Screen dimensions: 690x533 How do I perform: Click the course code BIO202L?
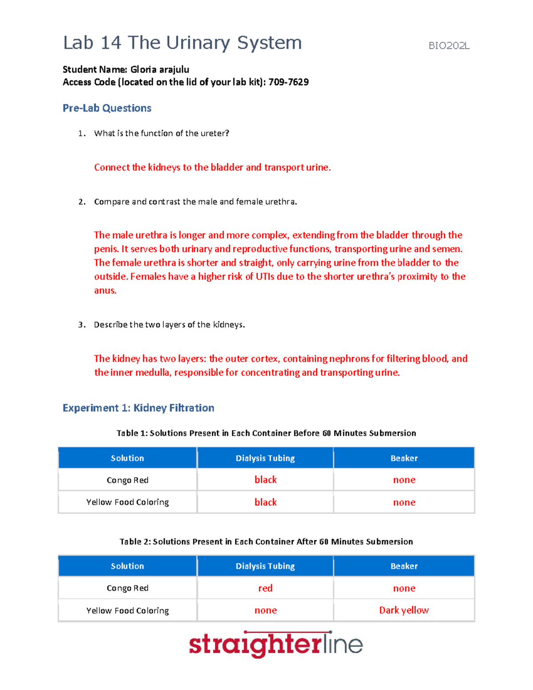point(449,46)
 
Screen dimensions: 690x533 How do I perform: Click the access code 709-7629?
point(288,82)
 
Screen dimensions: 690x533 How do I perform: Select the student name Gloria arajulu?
point(159,69)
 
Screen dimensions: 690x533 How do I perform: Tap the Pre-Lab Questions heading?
point(107,108)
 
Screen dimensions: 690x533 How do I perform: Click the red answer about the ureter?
point(212,168)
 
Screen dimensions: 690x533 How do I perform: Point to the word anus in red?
point(105,291)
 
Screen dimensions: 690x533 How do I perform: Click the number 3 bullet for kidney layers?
point(82,325)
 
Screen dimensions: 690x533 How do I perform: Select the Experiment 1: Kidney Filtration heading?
point(138,408)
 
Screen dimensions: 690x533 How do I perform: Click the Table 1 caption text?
point(266,433)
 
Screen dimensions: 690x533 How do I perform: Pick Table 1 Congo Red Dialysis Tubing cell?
point(265,480)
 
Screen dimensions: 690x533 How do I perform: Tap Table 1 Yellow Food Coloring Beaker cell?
point(404,503)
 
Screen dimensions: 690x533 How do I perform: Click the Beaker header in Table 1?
point(404,458)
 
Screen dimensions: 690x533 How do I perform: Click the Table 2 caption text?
point(266,542)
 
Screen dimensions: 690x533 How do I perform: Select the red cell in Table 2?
point(265,588)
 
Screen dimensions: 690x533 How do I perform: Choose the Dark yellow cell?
point(404,610)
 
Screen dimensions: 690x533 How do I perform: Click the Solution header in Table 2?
point(127,566)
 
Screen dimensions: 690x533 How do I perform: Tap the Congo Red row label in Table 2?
point(127,588)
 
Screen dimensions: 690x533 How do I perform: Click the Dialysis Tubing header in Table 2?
point(265,566)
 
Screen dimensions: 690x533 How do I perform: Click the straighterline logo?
point(275,644)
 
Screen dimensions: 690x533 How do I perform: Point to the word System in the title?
point(269,43)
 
